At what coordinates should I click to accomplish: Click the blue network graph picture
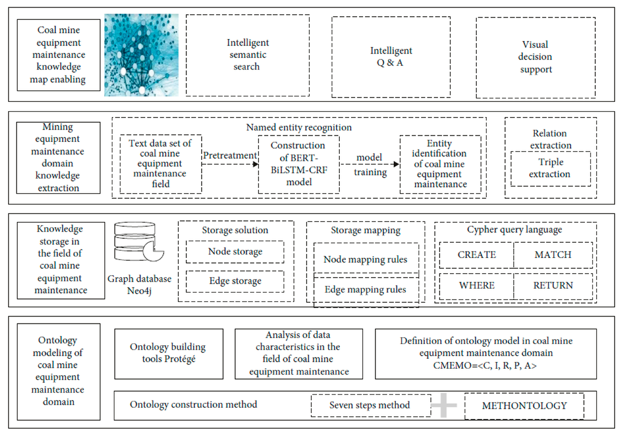tap(141, 55)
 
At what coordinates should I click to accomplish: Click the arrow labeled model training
tap(370, 164)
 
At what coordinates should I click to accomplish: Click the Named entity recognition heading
tap(299, 127)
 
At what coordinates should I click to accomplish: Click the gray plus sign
tap(443, 405)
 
